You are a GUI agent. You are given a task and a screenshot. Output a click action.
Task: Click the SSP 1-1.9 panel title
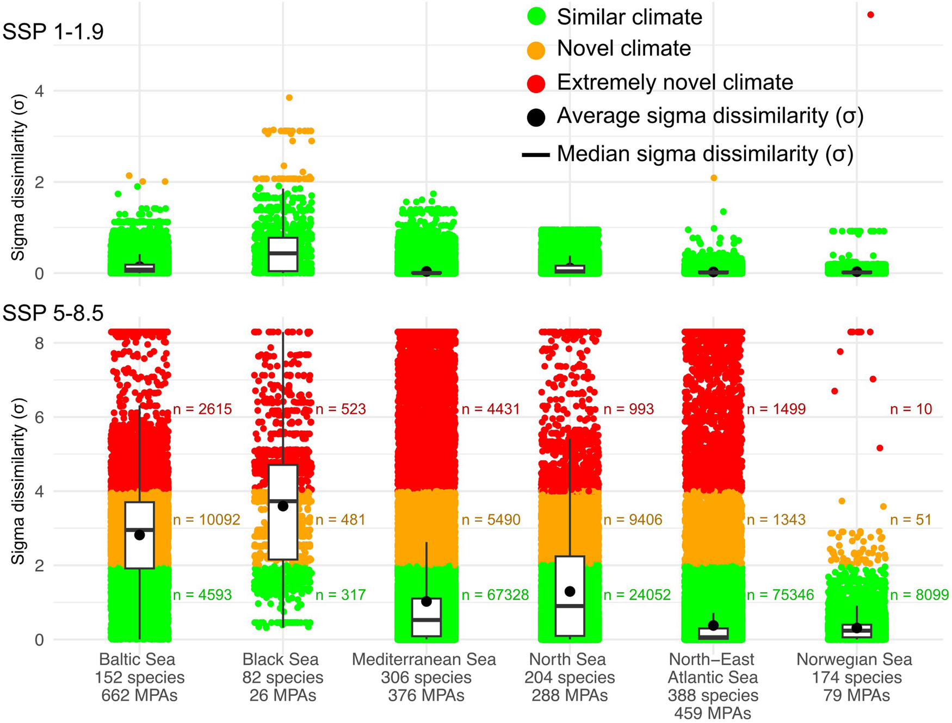point(53,32)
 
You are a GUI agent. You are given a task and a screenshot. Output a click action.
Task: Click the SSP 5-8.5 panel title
point(53,313)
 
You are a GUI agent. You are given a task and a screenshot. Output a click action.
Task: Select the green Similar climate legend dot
point(536,17)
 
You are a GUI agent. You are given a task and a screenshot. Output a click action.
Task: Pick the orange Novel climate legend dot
point(536,50)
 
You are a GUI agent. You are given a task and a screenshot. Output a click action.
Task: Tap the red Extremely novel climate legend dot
point(536,83)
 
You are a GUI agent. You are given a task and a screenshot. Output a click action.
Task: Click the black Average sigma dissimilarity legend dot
point(536,117)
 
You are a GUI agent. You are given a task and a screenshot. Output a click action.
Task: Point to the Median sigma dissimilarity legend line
point(536,155)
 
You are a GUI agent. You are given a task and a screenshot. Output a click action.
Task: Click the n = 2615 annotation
point(202,409)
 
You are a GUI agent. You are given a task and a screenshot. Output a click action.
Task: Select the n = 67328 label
point(494,595)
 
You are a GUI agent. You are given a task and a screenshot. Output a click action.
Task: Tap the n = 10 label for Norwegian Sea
point(911,409)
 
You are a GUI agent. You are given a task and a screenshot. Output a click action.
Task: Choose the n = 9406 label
point(633,520)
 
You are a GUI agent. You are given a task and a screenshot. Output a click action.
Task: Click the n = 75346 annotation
point(780,595)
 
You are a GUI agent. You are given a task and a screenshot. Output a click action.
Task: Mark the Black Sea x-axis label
point(281,659)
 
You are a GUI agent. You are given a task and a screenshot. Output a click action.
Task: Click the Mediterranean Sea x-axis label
point(424,659)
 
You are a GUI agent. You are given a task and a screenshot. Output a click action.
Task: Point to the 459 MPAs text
point(713,713)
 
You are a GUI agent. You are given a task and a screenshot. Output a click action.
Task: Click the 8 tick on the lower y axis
point(39,343)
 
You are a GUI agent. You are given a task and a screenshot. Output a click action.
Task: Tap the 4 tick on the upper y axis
point(39,91)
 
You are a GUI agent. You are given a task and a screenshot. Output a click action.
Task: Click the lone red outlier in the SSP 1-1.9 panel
point(870,15)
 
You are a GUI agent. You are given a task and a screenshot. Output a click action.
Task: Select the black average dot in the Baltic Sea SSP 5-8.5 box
point(139,535)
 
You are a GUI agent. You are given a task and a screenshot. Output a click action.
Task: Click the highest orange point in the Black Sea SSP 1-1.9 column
point(289,98)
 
